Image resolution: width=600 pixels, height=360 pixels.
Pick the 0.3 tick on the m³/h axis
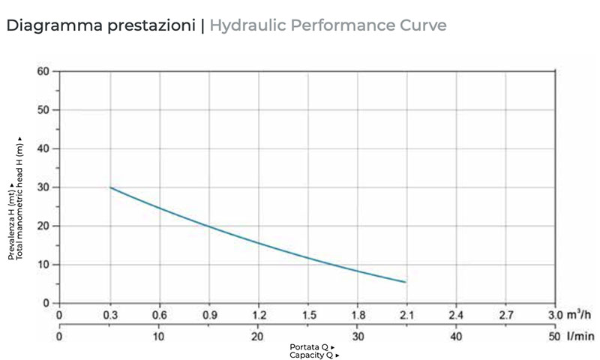(x=109, y=315)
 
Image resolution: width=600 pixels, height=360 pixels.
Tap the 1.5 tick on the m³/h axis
(x=307, y=315)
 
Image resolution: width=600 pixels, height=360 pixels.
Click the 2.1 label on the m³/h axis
(x=406, y=315)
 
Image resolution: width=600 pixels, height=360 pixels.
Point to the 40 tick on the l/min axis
(x=455, y=337)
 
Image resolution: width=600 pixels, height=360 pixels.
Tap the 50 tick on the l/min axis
(x=554, y=337)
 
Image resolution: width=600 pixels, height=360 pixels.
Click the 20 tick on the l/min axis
(x=258, y=337)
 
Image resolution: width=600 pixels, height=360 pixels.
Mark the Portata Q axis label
(x=311, y=347)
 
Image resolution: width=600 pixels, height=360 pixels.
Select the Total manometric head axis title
(x=20, y=199)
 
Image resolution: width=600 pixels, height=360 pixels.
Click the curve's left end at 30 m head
(x=110, y=187)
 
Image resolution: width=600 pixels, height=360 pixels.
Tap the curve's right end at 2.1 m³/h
(x=406, y=282)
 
